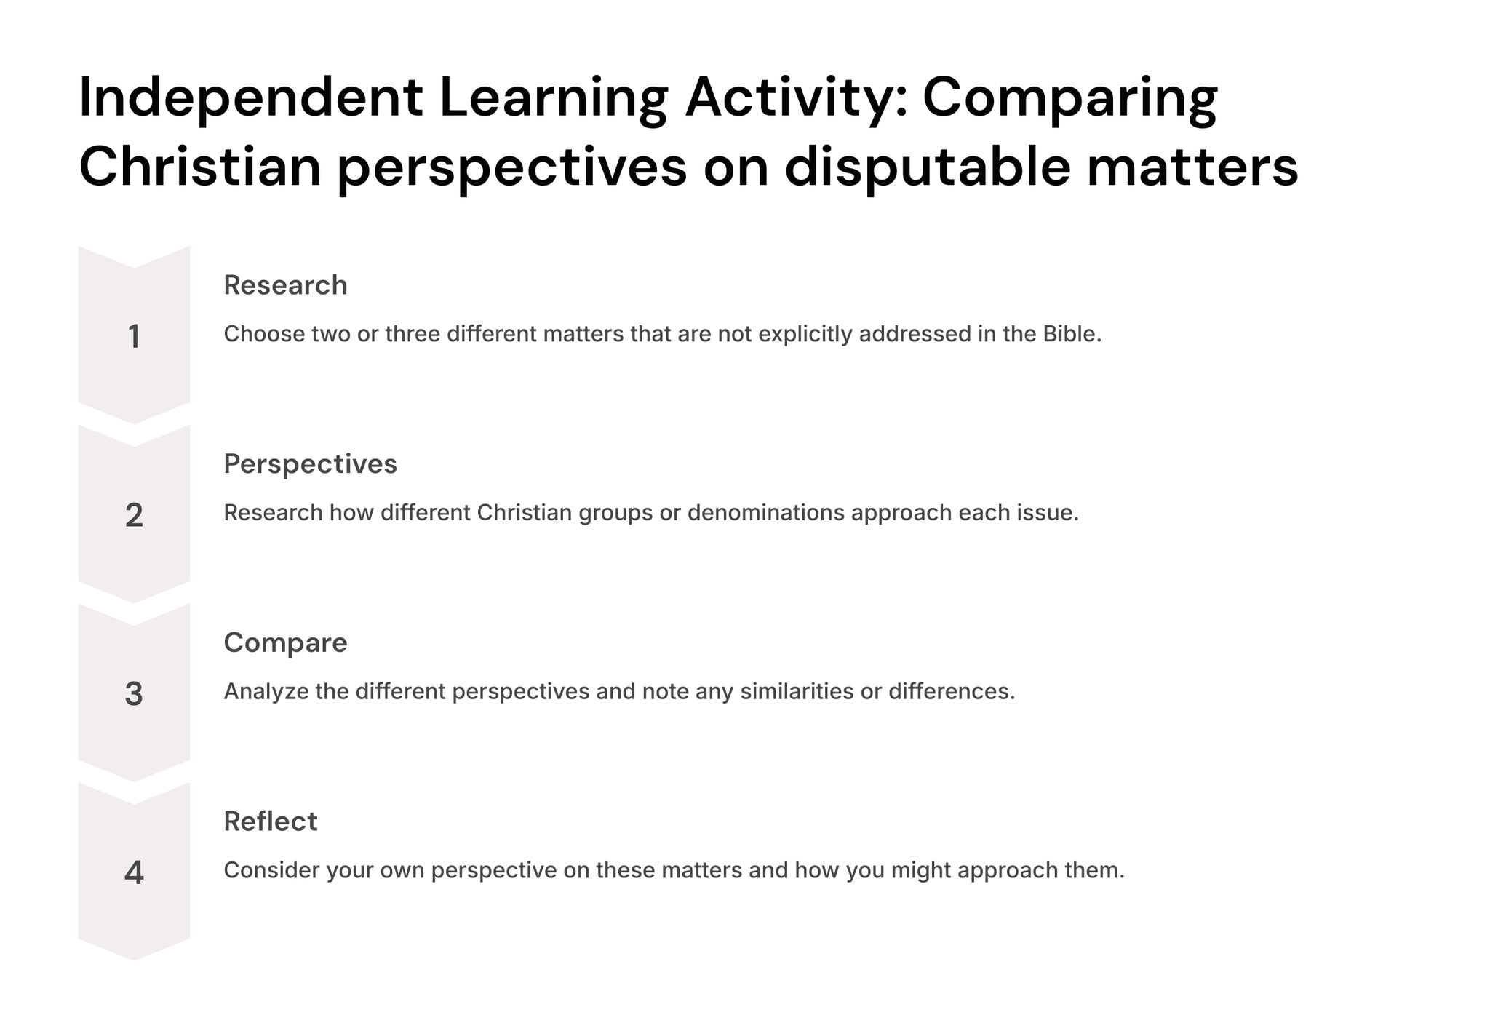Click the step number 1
(134, 337)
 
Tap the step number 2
(134, 515)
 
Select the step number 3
(134, 694)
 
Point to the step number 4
(134, 873)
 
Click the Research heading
(285, 285)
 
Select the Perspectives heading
(311, 464)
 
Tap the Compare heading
(285, 643)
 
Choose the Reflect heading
(271, 821)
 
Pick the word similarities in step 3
(797, 691)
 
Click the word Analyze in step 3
(266, 692)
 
